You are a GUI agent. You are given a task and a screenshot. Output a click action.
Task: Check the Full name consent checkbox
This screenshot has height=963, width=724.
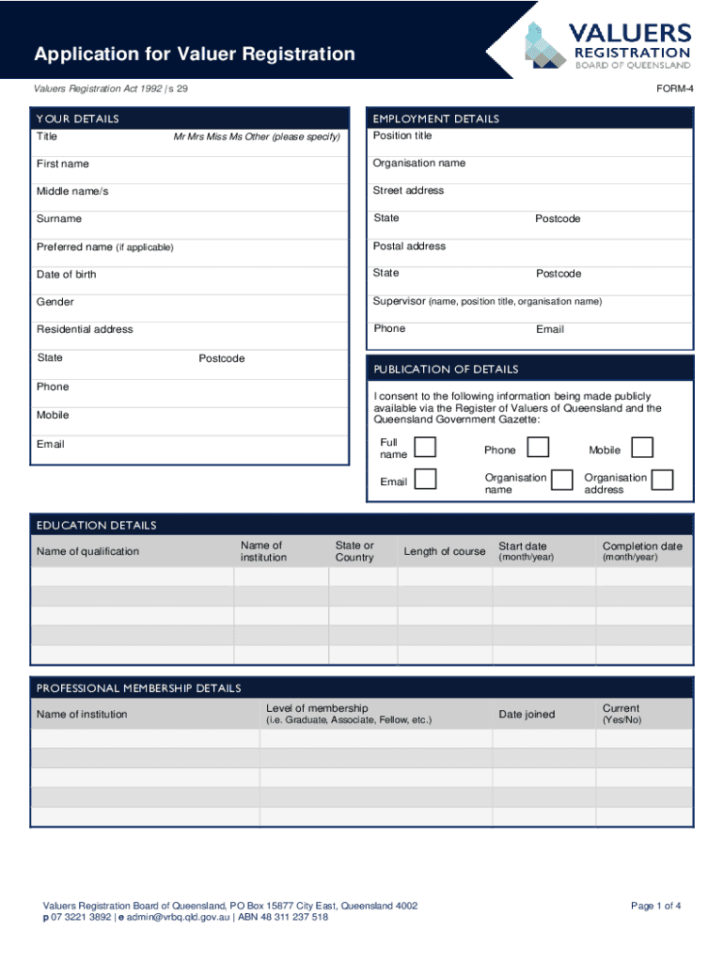[x=425, y=448]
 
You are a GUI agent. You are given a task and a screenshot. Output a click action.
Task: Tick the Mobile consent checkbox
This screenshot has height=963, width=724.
[x=642, y=448]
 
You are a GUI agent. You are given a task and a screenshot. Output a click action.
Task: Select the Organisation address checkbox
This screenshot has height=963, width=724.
[x=662, y=481]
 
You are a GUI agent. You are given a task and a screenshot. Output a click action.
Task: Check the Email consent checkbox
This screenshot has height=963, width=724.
[x=425, y=480]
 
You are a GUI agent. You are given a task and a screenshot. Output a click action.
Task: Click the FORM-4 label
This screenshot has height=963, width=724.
[x=674, y=88]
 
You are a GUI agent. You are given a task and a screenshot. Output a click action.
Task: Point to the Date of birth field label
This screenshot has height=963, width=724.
[x=66, y=275]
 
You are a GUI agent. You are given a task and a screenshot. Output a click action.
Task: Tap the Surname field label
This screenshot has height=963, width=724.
[x=59, y=219]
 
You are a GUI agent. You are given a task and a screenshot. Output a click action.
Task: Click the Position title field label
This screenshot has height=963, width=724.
[x=402, y=135]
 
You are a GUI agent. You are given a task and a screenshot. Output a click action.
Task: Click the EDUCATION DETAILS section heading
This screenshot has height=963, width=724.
[x=96, y=526]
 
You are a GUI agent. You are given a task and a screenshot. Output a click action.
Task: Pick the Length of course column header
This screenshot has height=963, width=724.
[x=445, y=551]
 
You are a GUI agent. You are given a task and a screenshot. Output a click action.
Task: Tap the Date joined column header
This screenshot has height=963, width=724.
[x=527, y=715]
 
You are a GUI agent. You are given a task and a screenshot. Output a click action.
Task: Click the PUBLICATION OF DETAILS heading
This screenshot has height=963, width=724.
[x=446, y=370]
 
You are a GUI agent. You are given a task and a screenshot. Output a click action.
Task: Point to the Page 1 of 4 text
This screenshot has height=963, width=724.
[x=655, y=906]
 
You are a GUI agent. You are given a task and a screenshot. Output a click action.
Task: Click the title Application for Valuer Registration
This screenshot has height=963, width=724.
[x=195, y=55]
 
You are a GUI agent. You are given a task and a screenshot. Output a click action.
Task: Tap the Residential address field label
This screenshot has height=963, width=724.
[x=85, y=329]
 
